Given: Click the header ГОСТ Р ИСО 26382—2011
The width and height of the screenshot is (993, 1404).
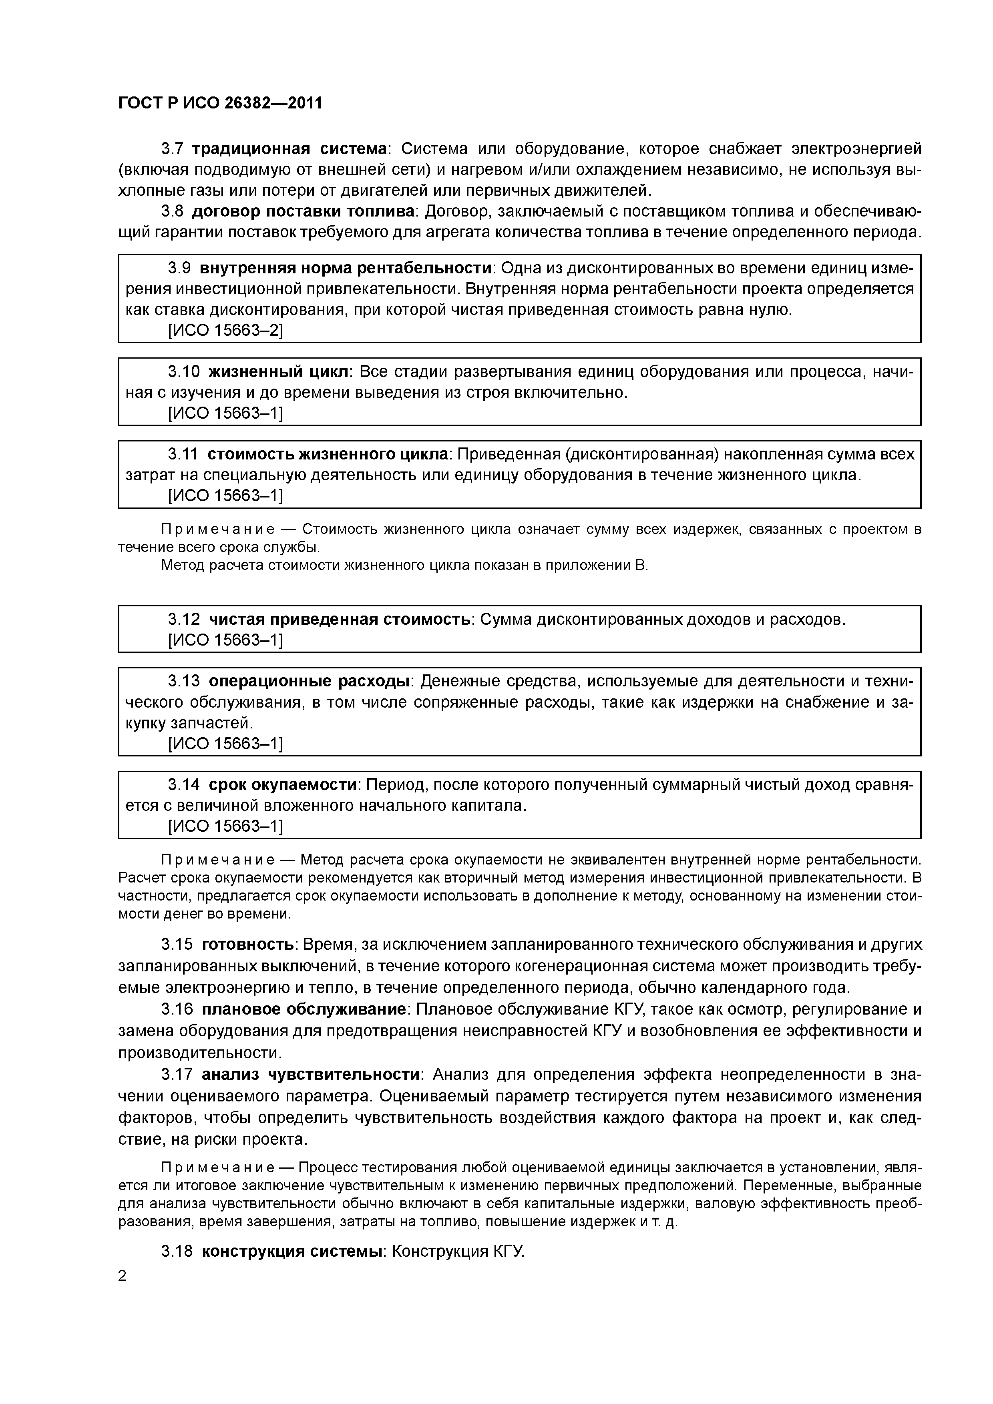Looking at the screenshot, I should (220, 103).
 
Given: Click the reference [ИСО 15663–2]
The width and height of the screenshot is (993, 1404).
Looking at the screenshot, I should (225, 330).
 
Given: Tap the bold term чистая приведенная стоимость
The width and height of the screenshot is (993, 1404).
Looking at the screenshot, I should (340, 620).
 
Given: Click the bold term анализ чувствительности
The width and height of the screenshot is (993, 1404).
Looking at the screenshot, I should (311, 1074).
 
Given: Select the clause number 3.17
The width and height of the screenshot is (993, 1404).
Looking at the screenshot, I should (177, 1074).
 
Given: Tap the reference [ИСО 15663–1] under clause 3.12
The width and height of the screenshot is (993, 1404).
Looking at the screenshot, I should (225, 640).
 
